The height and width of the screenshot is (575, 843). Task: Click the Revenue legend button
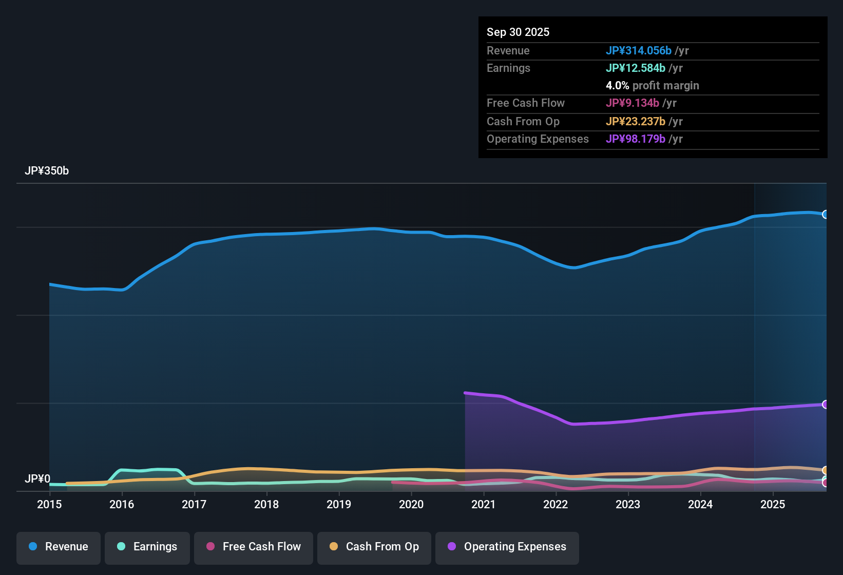point(59,547)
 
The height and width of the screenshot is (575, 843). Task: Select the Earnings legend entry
point(147,547)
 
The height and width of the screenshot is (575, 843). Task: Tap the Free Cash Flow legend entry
point(254,547)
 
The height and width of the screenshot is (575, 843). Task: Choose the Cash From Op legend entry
point(374,547)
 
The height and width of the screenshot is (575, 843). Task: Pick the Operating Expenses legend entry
point(507,547)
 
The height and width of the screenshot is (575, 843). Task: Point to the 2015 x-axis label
point(49,504)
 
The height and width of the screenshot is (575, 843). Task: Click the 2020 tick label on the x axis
point(411,504)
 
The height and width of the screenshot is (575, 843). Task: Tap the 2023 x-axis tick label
point(628,504)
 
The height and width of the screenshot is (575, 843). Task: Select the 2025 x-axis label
point(773,504)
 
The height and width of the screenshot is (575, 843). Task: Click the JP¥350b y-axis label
point(47,171)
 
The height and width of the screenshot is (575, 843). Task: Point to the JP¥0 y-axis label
point(37,478)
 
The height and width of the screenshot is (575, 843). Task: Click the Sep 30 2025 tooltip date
point(518,32)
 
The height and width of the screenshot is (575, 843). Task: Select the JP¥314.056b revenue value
point(638,51)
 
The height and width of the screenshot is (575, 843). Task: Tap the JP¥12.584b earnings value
point(635,68)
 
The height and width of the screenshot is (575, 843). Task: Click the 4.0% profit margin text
point(652,86)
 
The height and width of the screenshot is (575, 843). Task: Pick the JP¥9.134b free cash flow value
point(632,103)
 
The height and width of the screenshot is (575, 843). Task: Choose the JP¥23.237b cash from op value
point(635,122)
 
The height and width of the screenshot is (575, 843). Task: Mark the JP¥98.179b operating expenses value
point(635,139)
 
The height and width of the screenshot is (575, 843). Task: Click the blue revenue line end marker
point(826,215)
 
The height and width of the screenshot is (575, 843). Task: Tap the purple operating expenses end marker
point(826,405)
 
